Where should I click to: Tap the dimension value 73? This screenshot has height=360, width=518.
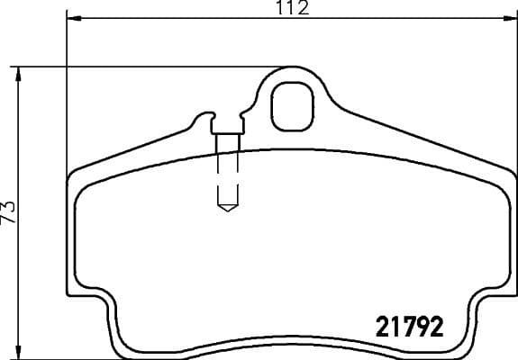click(10, 212)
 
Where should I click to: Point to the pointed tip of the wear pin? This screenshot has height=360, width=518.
click(227, 211)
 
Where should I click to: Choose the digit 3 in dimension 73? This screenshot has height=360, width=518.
click(10, 207)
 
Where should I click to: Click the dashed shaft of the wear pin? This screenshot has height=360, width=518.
click(227, 171)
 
